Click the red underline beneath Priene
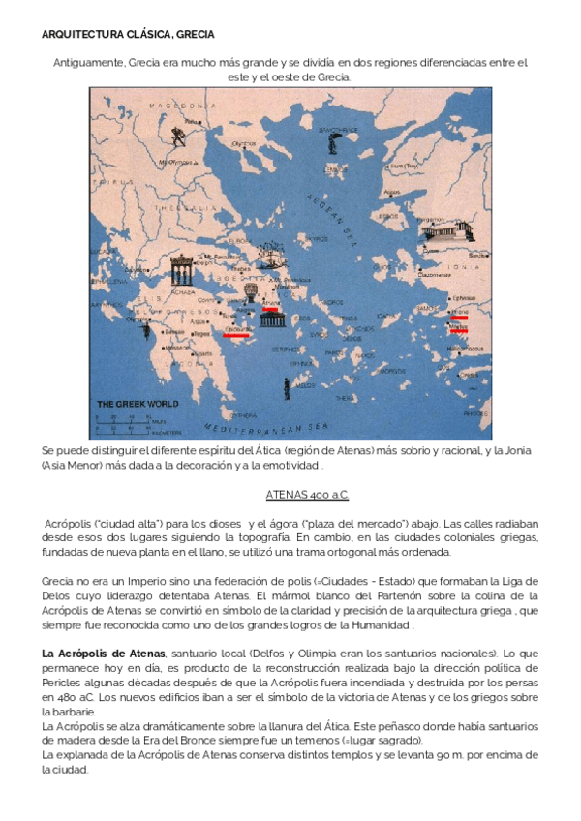[x=459, y=318]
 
